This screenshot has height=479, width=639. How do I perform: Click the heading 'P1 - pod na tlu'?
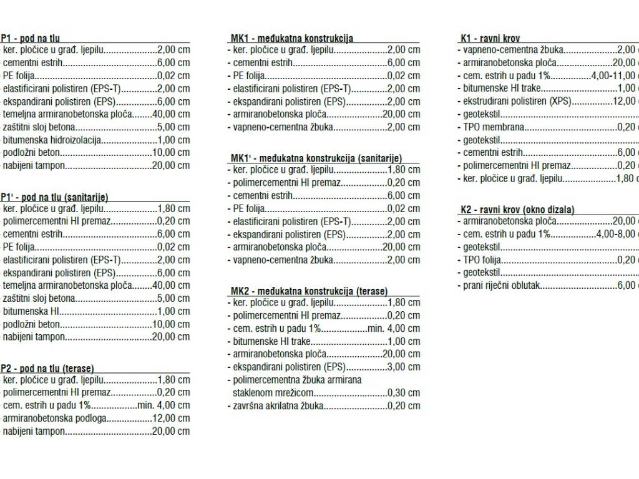[x=31, y=38]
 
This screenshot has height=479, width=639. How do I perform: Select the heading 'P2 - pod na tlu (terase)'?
[x=48, y=368]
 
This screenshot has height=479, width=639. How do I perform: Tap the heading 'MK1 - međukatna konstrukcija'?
[x=291, y=38]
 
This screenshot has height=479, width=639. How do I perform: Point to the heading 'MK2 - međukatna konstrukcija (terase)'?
[x=309, y=291]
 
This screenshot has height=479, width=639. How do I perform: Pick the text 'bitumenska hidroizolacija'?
[x=52, y=140]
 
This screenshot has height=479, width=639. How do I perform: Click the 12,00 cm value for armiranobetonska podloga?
[x=170, y=418]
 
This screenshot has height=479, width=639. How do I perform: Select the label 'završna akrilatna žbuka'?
[x=279, y=405]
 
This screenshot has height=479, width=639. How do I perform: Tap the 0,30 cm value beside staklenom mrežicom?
[x=403, y=393]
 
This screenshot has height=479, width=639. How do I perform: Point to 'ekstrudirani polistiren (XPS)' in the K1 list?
[x=517, y=101]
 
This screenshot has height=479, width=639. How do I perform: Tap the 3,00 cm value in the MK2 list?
[x=403, y=367]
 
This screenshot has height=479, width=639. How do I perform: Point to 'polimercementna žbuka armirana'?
[x=297, y=380]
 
